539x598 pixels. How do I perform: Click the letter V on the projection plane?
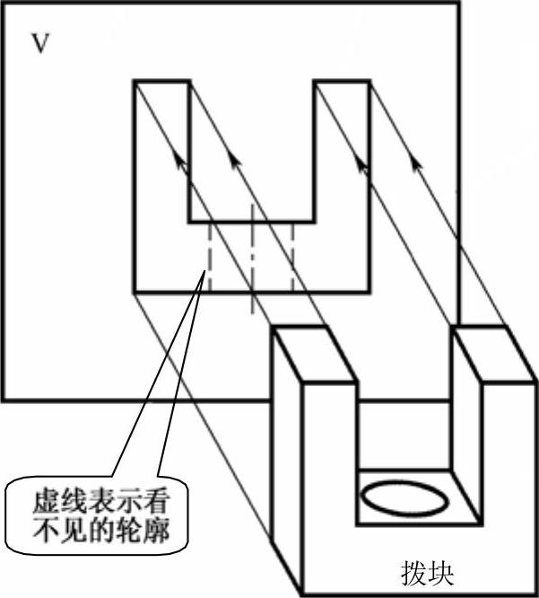pos(39,44)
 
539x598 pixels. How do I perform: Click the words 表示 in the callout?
pos(116,496)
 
